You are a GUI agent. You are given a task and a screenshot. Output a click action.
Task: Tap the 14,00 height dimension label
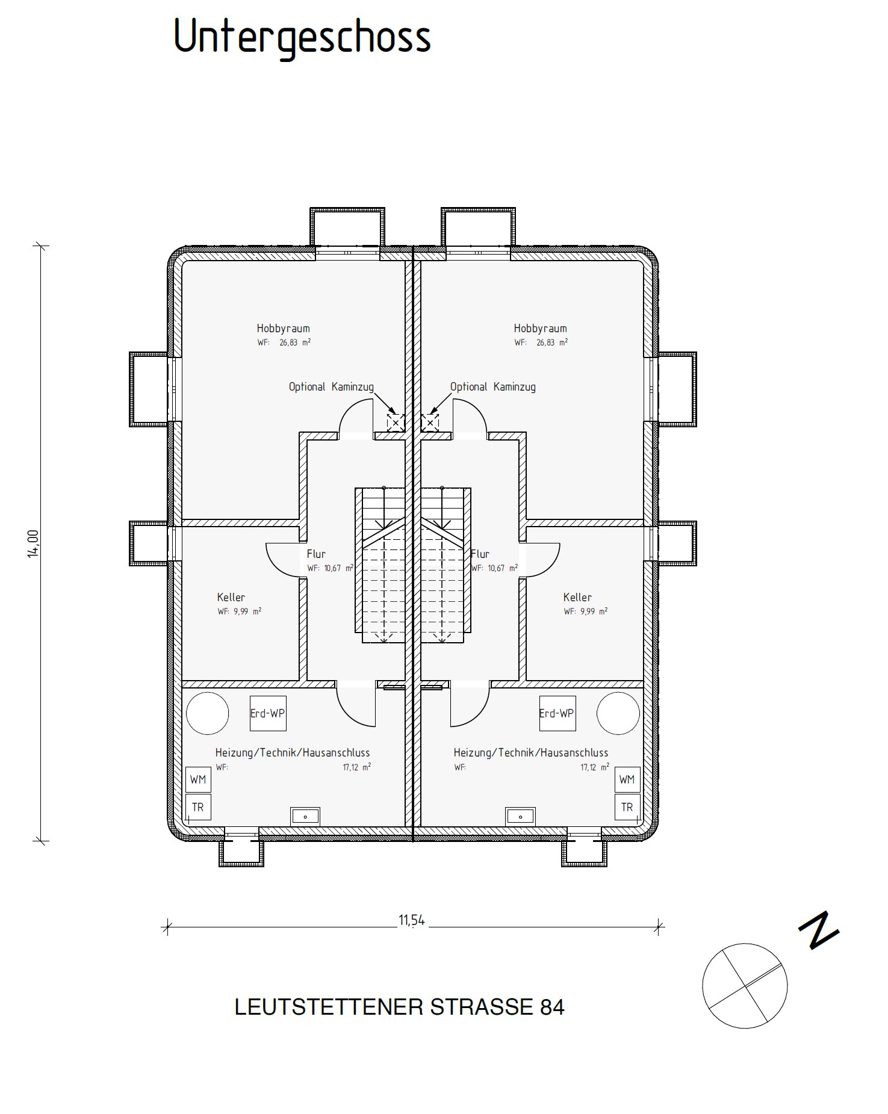[x=33, y=543]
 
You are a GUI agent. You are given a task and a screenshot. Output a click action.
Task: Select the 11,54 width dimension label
[x=412, y=920]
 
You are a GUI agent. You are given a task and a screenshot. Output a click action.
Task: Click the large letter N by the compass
[x=819, y=932]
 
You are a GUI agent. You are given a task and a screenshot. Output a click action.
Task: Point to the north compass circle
[x=745, y=986]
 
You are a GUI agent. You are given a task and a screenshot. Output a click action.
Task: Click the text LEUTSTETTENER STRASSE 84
[x=400, y=1007]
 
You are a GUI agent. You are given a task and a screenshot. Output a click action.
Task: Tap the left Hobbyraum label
[x=283, y=329]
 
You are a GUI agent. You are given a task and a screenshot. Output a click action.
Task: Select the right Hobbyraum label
[x=540, y=329]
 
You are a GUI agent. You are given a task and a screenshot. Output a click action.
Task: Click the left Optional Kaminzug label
[x=331, y=387]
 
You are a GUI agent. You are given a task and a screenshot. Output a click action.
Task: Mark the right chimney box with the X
[x=430, y=423]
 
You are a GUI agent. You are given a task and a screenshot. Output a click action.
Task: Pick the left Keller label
[x=231, y=598]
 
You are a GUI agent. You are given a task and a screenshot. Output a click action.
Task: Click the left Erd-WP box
[x=268, y=714]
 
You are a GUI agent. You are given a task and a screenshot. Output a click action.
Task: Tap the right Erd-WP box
[x=557, y=714]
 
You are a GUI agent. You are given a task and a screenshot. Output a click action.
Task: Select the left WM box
[x=198, y=780]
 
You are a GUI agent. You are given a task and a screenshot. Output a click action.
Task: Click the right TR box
[x=627, y=808]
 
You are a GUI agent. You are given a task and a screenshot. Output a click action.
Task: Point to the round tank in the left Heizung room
[x=208, y=714]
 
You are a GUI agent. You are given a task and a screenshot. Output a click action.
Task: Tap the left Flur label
[x=316, y=554]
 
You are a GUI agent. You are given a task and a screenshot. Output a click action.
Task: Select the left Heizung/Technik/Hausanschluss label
[x=293, y=753]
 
